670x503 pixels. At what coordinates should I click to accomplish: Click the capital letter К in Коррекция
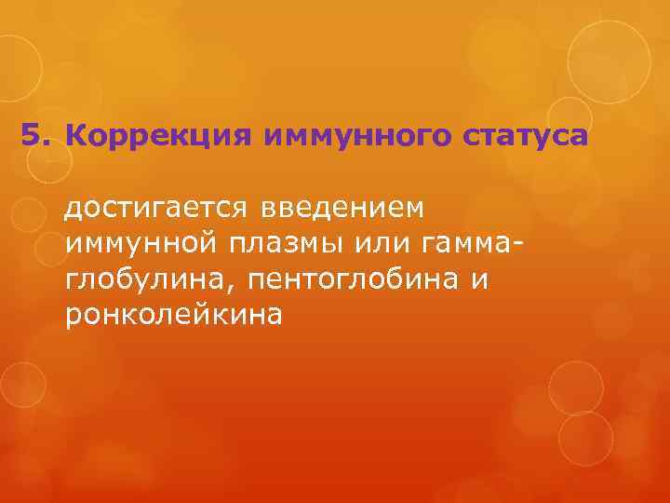point(76,137)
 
